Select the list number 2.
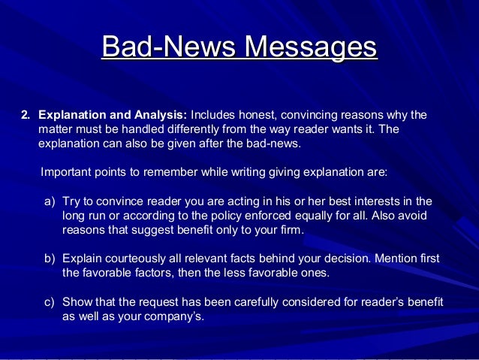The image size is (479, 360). pos(25,115)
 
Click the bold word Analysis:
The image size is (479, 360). pos(161,115)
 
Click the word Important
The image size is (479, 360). pos(66,171)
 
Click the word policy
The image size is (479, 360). pos(212,216)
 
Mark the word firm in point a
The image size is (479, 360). pos(291,230)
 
